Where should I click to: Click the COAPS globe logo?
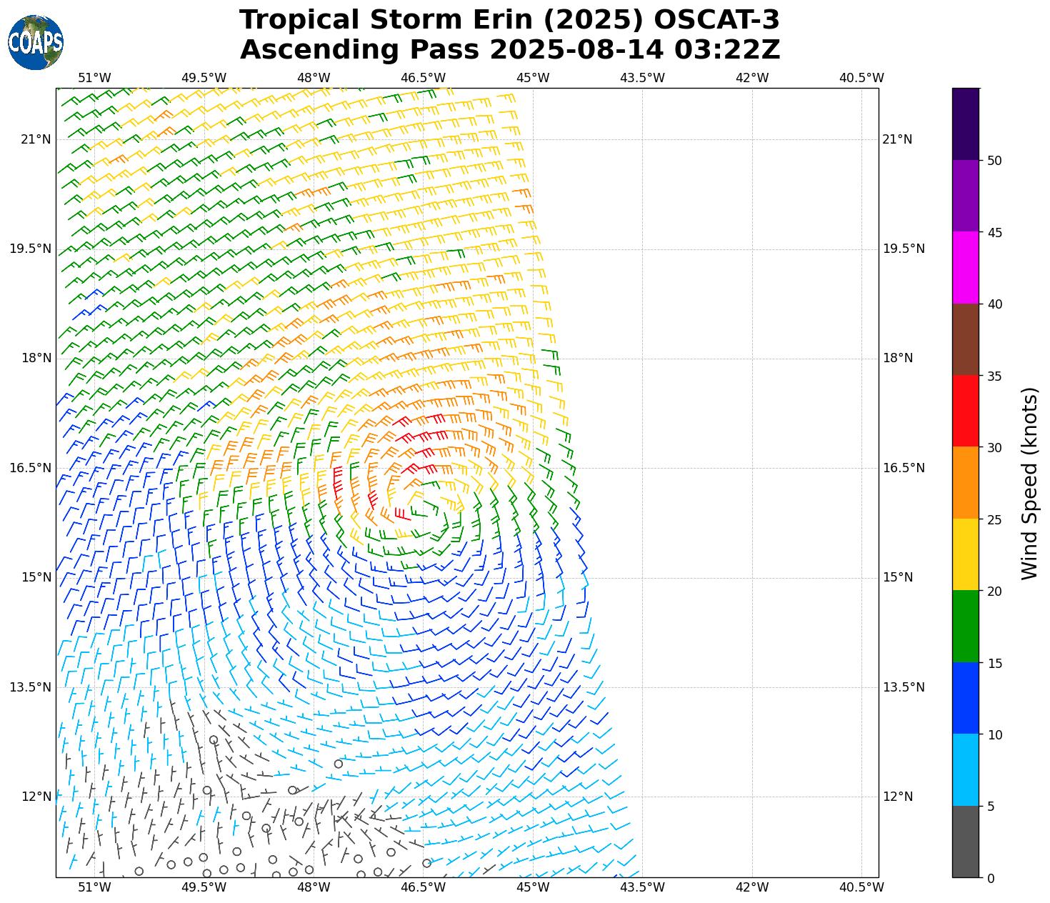[x=36, y=42]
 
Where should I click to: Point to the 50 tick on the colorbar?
[x=994, y=161]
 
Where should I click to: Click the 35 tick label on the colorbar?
[x=994, y=376]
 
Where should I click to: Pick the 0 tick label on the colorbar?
[x=990, y=879]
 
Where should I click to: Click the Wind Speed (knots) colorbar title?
[x=1029, y=484]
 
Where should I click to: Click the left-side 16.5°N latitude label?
[x=31, y=469]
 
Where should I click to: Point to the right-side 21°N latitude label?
[x=898, y=140]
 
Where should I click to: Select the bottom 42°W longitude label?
[x=752, y=887]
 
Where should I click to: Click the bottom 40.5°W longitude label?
[x=861, y=887]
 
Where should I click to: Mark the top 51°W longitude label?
[x=94, y=78]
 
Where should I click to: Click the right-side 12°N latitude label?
[x=898, y=797]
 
